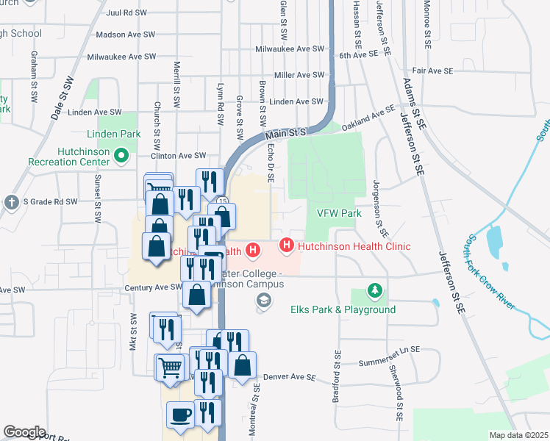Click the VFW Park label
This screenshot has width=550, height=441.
(x=339, y=213)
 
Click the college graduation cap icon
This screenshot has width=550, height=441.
(x=262, y=300)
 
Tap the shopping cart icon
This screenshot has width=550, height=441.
(x=170, y=367)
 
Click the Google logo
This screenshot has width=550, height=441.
(x=24, y=432)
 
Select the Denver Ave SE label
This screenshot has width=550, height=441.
(x=289, y=377)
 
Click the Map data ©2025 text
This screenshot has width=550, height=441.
(x=519, y=435)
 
